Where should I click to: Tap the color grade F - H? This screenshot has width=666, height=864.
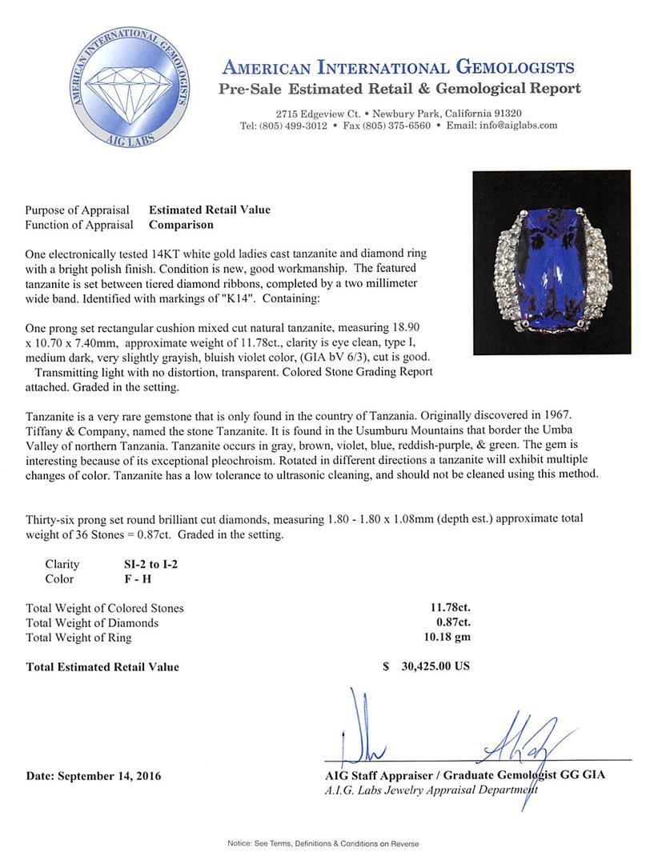pyautogui.click(x=133, y=578)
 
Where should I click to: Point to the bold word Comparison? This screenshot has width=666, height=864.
pyautogui.click(x=181, y=225)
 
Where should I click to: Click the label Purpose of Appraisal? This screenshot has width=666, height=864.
pyautogui.click(x=77, y=210)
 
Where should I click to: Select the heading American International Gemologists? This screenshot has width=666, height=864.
pyautogui.click(x=398, y=67)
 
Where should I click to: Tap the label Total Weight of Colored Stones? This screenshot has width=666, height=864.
pyautogui.click(x=105, y=608)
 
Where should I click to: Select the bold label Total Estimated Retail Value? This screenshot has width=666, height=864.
pyautogui.click(x=102, y=666)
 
